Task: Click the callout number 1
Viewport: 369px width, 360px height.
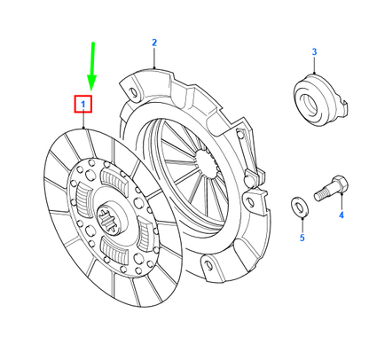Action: coord(84,105)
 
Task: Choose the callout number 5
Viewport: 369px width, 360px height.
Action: coord(300,238)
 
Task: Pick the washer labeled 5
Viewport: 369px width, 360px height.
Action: coord(300,207)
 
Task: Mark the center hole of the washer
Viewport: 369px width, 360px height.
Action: coord(300,207)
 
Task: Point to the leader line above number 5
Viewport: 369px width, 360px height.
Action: coord(300,223)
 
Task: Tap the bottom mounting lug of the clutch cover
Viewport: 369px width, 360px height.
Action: coord(205,264)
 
